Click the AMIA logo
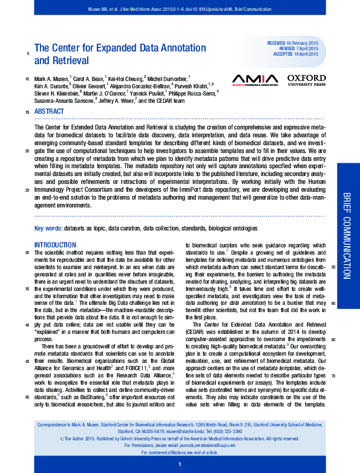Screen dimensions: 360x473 pyautogui.click(x=255, y=79)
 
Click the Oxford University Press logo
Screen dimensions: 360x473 pyautogui.click(x=306, y=80)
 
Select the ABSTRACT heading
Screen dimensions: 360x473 pyautogui.click(x=49, y=112)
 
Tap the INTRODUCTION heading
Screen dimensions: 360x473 pyautogui.click(x=55, y=245)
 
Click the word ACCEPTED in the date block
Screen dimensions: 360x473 pyautogui.click(x=279, y=54)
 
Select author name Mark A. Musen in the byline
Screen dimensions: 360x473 pyautogui.click(x=52, y=78)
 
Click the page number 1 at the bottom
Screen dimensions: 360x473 pyautogui.click(x=180, y=464)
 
